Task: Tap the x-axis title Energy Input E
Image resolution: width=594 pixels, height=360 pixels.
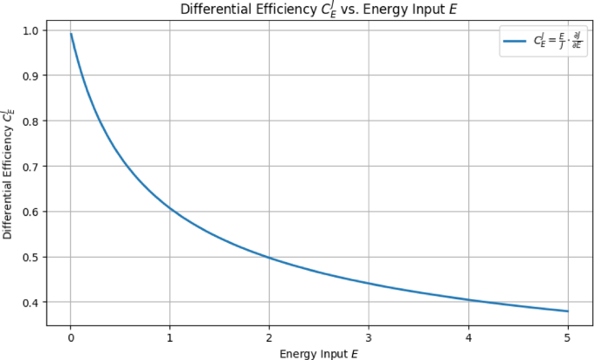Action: [319, 352]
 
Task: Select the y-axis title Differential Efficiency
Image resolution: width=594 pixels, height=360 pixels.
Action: [10, 173]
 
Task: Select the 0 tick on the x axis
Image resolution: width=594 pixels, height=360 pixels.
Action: [70, 336]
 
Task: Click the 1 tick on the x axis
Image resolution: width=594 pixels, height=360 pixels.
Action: [170, 336]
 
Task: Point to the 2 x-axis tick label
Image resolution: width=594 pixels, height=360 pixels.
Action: [269, 336]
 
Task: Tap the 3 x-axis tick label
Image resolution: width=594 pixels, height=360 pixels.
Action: [369, 336]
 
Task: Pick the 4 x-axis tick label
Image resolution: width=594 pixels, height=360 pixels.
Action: [468, 336]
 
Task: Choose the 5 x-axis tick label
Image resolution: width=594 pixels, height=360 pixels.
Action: [567, 336]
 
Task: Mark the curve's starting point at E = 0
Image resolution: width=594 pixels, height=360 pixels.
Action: [71, 34]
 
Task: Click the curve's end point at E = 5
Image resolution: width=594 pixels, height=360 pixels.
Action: [567, 311]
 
